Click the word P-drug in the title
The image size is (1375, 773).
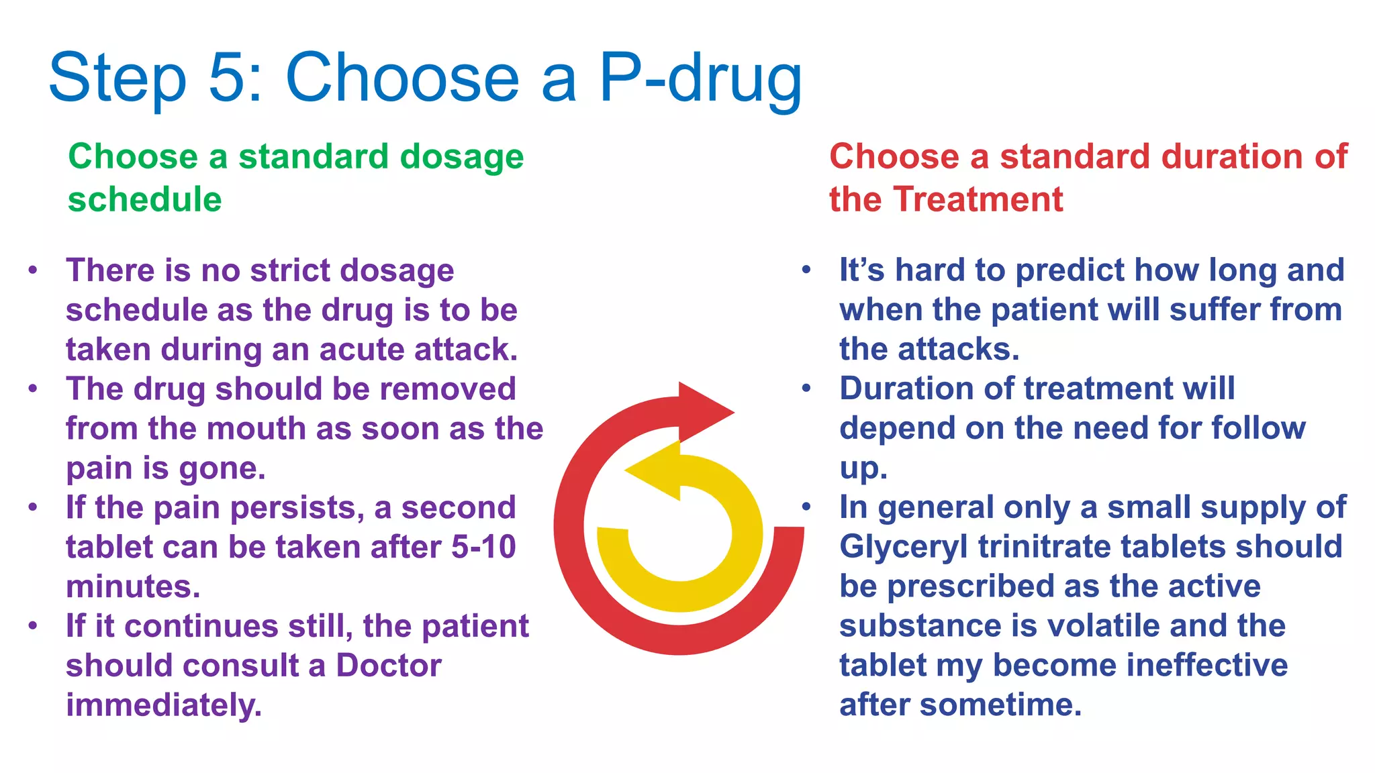tap(700, 79)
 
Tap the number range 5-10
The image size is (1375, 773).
tap(483, 547)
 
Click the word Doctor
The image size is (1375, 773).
tap(389, 666)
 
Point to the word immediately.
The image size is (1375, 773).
tap(163, 705)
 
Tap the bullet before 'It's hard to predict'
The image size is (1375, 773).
tap(806, 270)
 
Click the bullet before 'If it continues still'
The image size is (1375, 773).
tap(33, 626)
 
